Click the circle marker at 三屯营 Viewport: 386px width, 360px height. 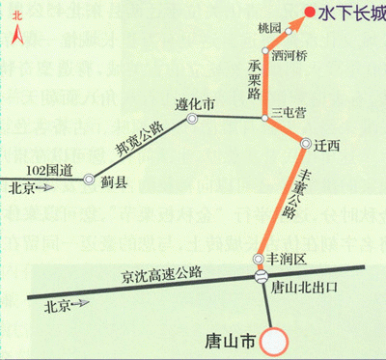266,118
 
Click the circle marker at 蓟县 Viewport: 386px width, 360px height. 89,180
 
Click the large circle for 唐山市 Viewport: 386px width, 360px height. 275,341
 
